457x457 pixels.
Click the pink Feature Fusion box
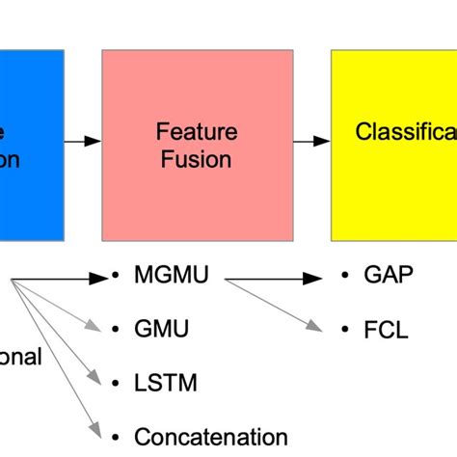(197, 145)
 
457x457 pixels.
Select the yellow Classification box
(393, 145)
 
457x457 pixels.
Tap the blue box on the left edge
(31, 145)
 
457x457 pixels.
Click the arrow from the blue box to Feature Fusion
(83, 142)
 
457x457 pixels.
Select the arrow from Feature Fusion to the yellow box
(311, 142)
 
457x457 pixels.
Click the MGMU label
(167, 278)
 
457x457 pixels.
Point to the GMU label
(161, 330)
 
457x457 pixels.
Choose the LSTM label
(165, 383)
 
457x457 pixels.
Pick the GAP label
(388, 277)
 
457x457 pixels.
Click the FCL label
(386, 330)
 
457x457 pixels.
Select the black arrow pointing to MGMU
(58, 279)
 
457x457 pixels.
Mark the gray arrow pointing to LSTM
(58, 333)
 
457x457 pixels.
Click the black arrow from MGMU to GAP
(275, 279)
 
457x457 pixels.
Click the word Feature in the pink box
(197, 130)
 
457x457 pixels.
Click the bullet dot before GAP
(345, 278)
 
